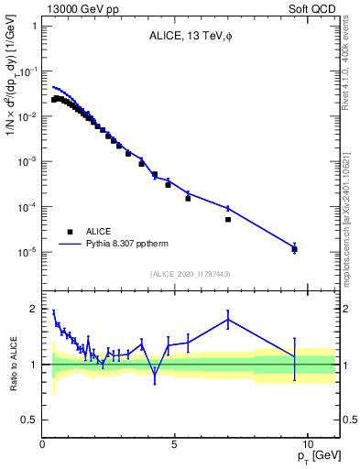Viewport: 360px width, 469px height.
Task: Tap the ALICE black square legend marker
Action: pos(69,232)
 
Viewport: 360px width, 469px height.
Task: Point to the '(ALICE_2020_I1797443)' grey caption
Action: pos(191,274)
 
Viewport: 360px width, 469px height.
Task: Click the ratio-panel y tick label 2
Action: pos(33,309)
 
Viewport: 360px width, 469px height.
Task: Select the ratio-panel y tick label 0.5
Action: pos(29,420)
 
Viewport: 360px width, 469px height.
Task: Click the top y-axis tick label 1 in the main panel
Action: pos(33,26)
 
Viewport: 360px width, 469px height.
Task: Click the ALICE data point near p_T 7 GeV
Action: pos(228,220)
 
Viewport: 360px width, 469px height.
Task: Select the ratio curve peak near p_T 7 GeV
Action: pos(228,319)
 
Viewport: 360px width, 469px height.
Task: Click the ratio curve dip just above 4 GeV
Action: pos(155,374)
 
